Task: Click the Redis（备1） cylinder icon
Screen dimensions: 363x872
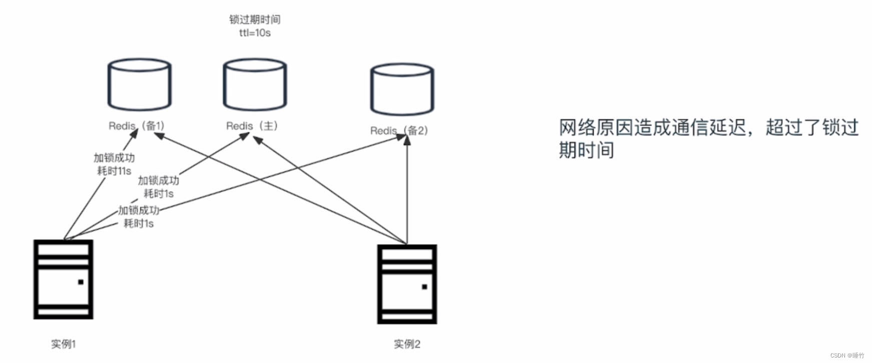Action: click(140, 85)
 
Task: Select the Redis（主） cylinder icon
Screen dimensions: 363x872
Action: click(255, 85)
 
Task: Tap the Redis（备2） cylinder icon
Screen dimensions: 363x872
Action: click(402, 89)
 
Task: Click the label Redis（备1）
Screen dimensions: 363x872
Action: click(136, 126)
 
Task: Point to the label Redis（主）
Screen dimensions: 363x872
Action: click(252, 126)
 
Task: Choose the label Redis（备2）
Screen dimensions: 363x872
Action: click(399, 130)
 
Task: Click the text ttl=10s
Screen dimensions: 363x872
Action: click(255, 33)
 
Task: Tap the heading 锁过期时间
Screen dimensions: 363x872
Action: click(255, 20)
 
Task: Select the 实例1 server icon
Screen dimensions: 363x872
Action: click(64, 279)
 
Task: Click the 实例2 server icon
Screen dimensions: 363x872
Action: click(407, 284)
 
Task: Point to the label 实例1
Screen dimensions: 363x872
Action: click(63, 344)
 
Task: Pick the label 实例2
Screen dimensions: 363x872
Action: click(407, 344)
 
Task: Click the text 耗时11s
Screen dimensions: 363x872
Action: click(114, 171)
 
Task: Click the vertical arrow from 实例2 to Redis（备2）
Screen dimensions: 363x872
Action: click(407, 190)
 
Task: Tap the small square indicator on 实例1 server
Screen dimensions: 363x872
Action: click(81, 282)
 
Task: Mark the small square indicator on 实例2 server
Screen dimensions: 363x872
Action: click(424, 287)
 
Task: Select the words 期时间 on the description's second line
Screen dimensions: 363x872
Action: click(586, 150)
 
